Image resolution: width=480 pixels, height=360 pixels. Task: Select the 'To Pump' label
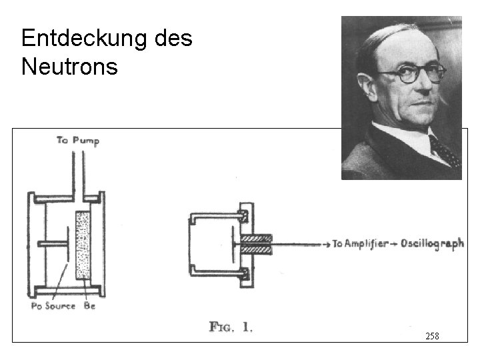[77, 140]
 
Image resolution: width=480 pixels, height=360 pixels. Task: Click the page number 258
[432, 336]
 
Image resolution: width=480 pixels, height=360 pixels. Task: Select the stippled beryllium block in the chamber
[83, 245]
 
